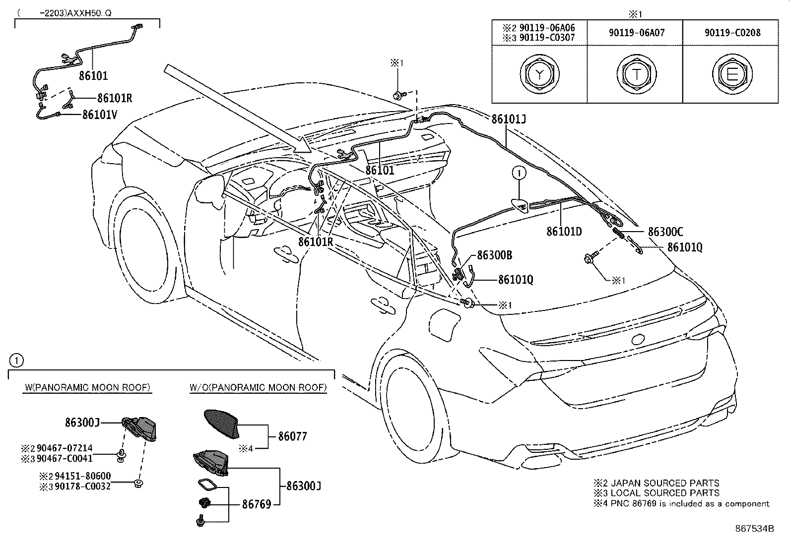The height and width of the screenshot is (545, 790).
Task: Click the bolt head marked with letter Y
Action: pos(539,74)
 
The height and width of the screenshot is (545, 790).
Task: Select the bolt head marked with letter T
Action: pos(636,74)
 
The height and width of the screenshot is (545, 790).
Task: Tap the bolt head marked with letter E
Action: pos(732,74)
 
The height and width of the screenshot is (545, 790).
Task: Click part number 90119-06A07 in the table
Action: pos(637,33)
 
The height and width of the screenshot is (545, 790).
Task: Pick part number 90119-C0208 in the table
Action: pos(732,33)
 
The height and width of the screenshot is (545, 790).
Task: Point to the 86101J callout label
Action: pos(509,119)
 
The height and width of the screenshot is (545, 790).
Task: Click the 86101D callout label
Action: pos(564,231)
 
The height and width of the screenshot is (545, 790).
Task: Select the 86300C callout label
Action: pos(665,232)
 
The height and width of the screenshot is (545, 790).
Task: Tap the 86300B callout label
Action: pos(494,255)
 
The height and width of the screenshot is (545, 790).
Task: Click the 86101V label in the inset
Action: pos(100,115)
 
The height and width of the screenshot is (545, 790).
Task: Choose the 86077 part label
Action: pos(292,436)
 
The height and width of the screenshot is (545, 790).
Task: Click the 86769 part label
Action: pos(257,504)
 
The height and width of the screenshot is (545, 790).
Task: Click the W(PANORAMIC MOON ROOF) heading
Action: pos(87,387)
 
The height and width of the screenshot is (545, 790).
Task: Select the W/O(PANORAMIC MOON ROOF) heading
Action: pos(258,387)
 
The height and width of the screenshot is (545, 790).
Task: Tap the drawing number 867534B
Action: pos(754,529)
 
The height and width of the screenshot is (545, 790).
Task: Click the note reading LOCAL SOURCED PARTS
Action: pos(665,493)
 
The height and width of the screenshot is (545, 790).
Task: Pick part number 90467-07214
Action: pos(65,448)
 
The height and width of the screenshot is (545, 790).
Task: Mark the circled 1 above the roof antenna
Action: pos(519,173)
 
